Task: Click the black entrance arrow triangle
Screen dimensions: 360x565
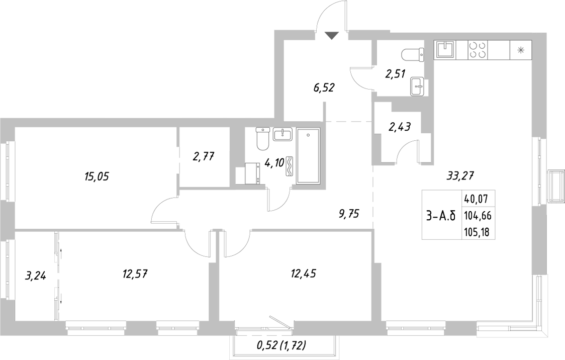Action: (332, 35)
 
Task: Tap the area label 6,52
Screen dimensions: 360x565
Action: (324, 88)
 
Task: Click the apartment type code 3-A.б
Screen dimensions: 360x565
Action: (440, 217)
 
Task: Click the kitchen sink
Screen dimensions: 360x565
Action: (445, 49)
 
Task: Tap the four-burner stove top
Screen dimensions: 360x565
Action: (477, 49)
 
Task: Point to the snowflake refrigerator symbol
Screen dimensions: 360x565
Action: (521, 49)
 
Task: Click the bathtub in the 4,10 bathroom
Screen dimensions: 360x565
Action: (308, 156)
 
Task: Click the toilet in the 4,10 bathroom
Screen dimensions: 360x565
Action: (263, 139)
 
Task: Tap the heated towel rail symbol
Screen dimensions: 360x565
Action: (290, 166)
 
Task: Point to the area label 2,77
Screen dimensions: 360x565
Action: (204, 156)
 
